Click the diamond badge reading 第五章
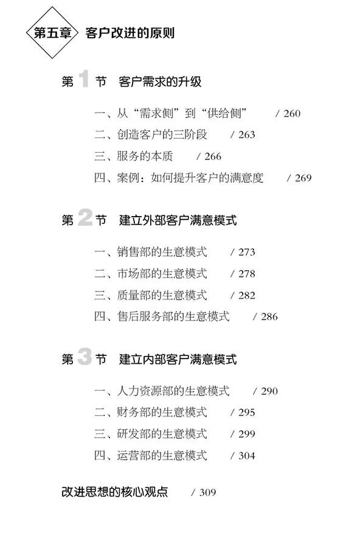tap(52, 33)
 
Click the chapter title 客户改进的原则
tap(130, 33)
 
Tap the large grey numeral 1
tap(84, 79)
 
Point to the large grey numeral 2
tap(85, 217)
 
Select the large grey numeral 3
tap(85, 356)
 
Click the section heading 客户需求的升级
tap(160, 82)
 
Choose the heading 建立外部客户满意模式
tap(178, 220)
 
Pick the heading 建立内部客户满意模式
tap(178, 359)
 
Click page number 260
tap(292, 113)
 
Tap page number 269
tap(303, 178)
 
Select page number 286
tap(269, 316)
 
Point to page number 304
tap(247, 456)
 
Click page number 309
tap(207, 492)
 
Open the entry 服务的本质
tap(145, 156)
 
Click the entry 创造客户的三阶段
tap(162, 134)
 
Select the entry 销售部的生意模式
tap(162, 252)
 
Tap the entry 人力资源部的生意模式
tap(173, 391)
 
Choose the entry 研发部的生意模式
tap(162, 434)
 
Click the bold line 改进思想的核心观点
tap(115, 492)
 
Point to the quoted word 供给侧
tap(224, 113)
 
